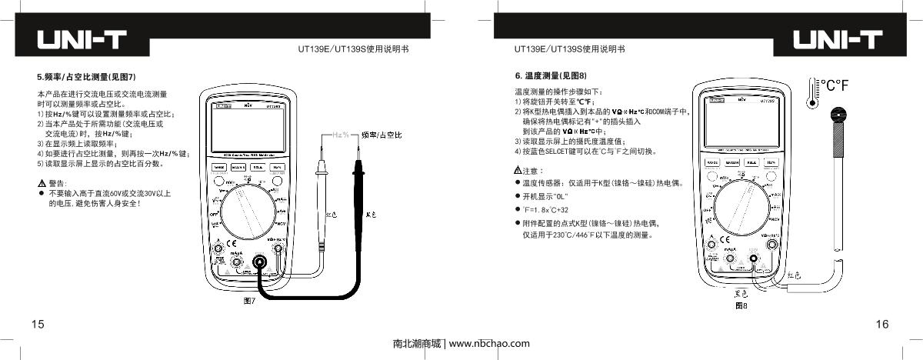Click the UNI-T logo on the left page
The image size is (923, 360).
click(82, 40)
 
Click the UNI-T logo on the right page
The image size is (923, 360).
click(838, 40)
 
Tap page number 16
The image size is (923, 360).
click(882, 325)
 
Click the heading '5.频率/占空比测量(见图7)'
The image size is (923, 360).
click(86, 76)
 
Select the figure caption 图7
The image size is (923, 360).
click(248, 301)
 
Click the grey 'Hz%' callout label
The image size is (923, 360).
click(341, 134)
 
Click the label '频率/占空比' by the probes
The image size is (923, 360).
click(382, 135)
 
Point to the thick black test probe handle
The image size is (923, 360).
click(358, 185)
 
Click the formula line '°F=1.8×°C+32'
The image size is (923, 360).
click(545, 209)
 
